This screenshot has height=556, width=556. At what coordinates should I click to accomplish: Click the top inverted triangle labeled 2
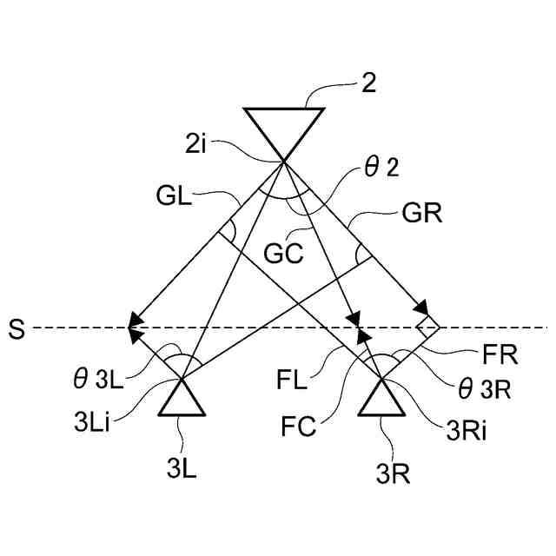tap(284, 129)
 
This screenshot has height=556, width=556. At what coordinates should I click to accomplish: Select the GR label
tap(423, 215)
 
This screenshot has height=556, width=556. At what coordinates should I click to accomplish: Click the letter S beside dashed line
tap(14, 329)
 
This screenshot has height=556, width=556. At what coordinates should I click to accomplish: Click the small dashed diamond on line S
tap(427, 328)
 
